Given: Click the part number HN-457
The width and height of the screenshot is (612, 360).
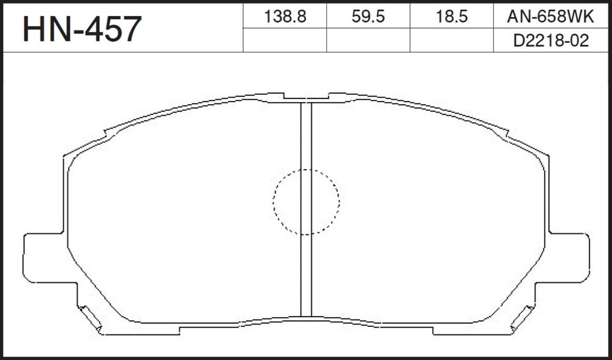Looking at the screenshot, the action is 82,29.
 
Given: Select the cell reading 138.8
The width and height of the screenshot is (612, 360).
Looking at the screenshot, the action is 285,16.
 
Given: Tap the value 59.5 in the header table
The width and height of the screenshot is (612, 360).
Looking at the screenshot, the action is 368,17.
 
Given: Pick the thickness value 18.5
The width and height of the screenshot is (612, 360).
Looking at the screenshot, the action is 452,17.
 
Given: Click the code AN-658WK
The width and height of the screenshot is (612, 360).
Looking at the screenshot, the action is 550,17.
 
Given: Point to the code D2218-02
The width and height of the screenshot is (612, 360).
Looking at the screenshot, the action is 550,40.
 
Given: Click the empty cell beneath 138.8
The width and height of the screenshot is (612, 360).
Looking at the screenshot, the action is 285,40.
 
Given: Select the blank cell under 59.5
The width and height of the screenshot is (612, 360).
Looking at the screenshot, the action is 368,40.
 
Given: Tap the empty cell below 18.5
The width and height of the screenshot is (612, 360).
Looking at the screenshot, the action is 452,40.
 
